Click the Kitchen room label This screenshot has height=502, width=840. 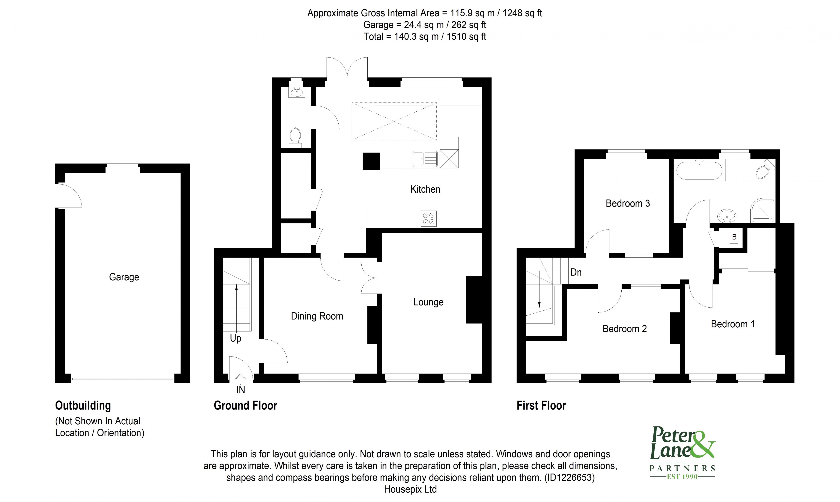425,189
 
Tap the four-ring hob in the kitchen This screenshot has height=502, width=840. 429,218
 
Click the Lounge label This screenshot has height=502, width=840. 428,302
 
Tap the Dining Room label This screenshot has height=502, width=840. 317,316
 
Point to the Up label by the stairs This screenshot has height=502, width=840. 235,338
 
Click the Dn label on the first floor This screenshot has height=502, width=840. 576,272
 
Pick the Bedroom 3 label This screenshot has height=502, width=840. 628,204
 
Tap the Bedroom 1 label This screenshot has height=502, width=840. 732,324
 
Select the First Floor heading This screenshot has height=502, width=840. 541,406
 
